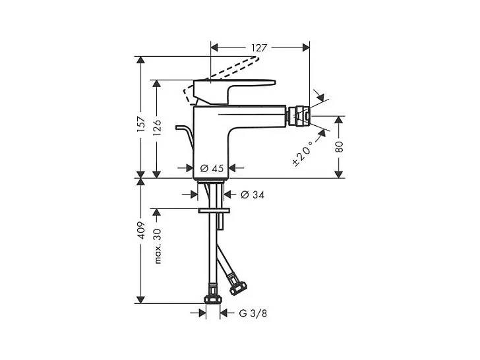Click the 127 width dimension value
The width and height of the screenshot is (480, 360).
[x=259, y=47]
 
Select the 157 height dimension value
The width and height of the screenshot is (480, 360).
[x=140, y=124]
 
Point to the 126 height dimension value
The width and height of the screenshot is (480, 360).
[x=157, y=127]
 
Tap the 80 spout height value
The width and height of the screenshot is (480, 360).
[x=339, y=147]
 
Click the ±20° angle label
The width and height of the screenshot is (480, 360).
[x=303, y=153]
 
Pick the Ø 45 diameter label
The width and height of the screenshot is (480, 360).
[x=212, y=168]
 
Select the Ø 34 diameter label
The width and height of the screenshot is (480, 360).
[x=253, y=195]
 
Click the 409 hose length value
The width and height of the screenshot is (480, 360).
[x=140, y=230]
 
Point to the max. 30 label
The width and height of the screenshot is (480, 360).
[x=158, y=246]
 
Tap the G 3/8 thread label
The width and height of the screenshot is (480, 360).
[x=253, y=313]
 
